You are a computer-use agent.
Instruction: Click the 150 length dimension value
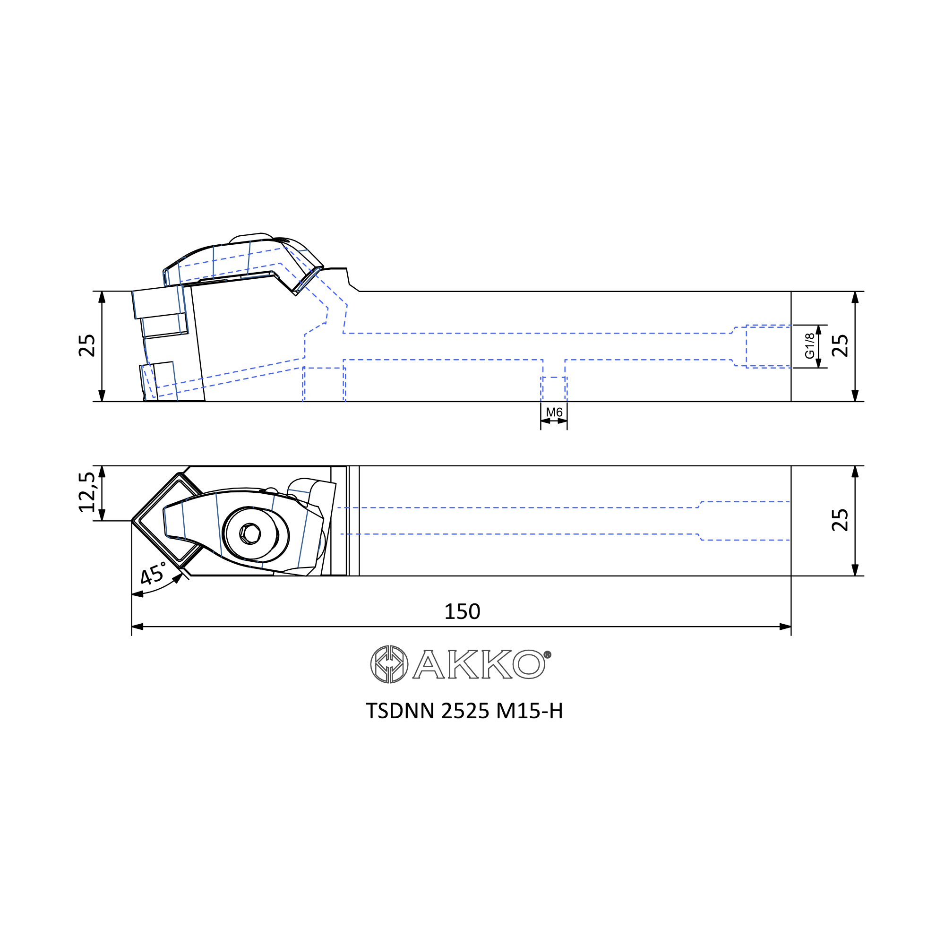coord(462,612)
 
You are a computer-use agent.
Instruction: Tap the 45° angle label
coord(153,573)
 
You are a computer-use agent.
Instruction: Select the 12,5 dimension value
coord(87,492)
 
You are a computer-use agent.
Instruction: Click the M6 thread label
coord(554,412)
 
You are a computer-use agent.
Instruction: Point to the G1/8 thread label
coord(810,346)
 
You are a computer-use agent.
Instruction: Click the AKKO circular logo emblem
coord(389,664)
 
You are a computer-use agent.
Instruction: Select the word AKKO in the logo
coord(478,664)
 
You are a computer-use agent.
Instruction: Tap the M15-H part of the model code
coord(529,711)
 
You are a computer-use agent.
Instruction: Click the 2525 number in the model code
coord(464,711)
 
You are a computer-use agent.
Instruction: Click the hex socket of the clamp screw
coord(250,533)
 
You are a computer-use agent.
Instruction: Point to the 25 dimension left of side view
coord(87,346)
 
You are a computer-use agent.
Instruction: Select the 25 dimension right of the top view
coord(840,520)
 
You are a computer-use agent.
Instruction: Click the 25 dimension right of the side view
coord(840,346)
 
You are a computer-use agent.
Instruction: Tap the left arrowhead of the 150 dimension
coord(137,627)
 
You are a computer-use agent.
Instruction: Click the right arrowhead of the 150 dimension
coord(785,627)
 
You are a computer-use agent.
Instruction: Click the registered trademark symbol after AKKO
coord(547,654)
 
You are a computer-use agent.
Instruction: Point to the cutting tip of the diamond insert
coord(132,521)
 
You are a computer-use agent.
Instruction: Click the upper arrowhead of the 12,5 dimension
coord(102,472)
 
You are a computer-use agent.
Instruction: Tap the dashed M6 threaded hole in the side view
coord(554,389)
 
